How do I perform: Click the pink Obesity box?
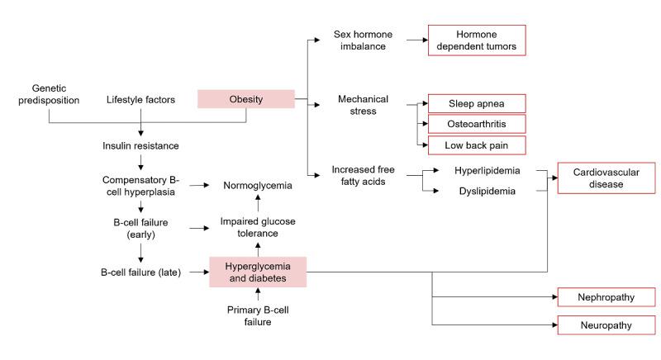pos(245,99)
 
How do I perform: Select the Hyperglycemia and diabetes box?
pos(258,272)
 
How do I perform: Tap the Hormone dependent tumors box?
pos(476,41)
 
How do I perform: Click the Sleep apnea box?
pos(476,104)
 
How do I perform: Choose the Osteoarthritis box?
pos(476,124)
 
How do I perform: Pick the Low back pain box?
pos(476,144)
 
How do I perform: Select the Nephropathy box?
pos(606,297)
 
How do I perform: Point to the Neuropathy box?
pos(606,324)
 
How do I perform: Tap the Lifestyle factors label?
pos(140,100)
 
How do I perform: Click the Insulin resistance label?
pos(140,146)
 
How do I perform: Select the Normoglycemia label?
pos(257,186)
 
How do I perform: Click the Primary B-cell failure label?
pos(257,315)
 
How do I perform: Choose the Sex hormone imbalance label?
pos(363,41)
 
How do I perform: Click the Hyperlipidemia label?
pos(487,171)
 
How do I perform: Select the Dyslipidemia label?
pos(487,191)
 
